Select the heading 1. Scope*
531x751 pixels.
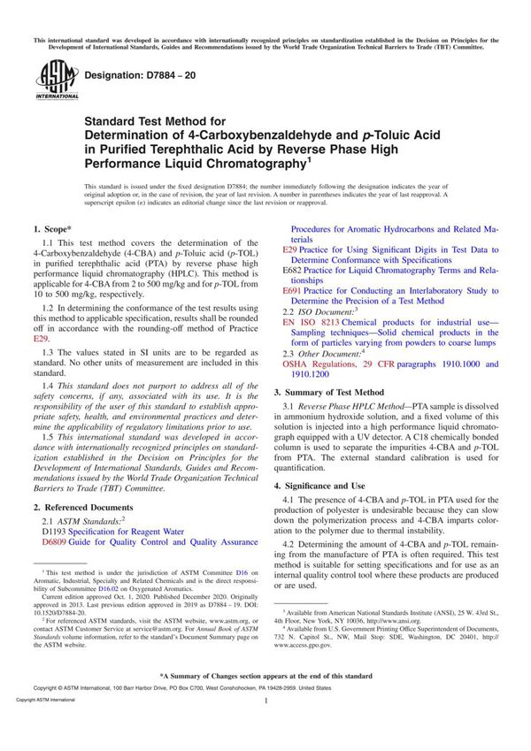pyautogui.click(x=58, y=228)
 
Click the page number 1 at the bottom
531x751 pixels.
pyautogui.click(x=265, y=725)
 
